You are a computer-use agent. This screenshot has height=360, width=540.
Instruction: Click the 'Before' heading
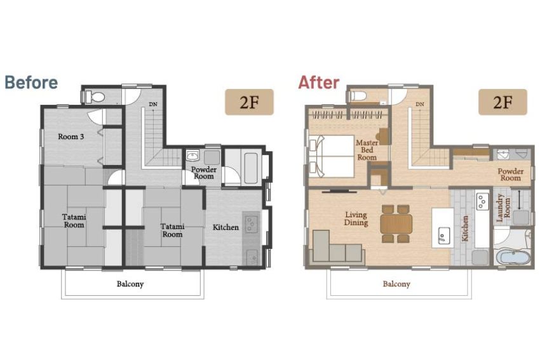click(x=31, y=83)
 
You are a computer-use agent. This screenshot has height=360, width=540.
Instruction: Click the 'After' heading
click(x=318, y=83)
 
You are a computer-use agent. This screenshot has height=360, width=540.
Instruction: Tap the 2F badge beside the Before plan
click(x=249, y=102)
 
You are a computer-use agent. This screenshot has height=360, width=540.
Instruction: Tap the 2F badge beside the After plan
click(x=503, y=102)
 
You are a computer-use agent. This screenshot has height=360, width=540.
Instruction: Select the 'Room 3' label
click(x=71, y=137)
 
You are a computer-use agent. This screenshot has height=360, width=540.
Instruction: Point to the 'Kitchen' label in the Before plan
click(x=226, y=227)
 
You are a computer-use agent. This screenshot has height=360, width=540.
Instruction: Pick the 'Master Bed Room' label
click(x=367, y=150)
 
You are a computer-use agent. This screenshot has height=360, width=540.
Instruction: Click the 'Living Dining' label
click(x=356, y=218)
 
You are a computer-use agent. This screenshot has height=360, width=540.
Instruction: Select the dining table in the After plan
click(x=396, y=224)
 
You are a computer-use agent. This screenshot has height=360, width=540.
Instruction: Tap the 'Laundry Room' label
click(x=503, y=208)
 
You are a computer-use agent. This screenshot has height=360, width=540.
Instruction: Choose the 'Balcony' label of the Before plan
click(x=130, y=284)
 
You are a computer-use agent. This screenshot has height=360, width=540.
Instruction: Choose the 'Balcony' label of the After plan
click(x=396, y=284)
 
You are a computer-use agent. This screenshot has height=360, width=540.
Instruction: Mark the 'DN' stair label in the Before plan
click(x=153, y=104)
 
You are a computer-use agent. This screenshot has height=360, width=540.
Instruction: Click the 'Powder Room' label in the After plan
click(x=510, y=175)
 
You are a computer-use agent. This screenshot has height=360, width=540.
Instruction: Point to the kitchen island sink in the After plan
click(x=443, y=236)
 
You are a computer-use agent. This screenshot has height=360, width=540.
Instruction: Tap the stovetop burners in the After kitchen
click(x=482, y=201)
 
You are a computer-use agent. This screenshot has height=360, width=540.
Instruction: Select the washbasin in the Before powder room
click(x=192, y=156)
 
